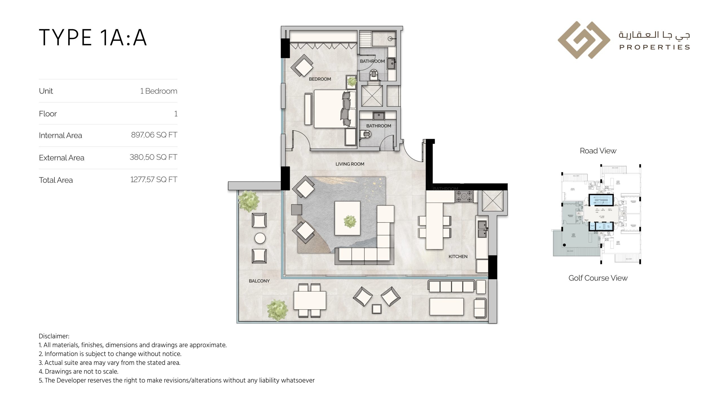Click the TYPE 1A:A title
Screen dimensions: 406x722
[x=93, y=37]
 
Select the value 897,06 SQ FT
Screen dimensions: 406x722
[x=154, y=135]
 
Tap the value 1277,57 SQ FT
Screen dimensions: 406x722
[x=154, y=180]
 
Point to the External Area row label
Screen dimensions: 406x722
[x=61, y=158]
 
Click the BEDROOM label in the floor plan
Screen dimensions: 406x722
[x=320, y=79]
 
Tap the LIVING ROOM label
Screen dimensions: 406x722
[x=350, y=164]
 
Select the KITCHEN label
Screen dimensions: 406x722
[x=458, y=257]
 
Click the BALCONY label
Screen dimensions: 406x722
[x=259, y=281]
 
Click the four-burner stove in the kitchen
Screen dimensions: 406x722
[x=464, y=197]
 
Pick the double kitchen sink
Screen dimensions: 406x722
[x=482, y=229]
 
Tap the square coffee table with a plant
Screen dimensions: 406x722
[x=347, y=218]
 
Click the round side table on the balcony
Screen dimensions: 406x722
[x=260, y=238]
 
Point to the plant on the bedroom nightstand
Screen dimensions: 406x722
[x=352, y=82]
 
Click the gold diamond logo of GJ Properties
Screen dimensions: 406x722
[x=584, y=40]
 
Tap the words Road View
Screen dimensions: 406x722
[x=598, y=151]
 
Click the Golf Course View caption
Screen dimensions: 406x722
[x=598, y=278]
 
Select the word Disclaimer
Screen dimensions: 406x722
[x=54, y=336]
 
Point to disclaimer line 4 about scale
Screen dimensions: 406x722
[x=78, y=371]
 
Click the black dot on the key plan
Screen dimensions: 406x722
[x=564, y=245]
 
